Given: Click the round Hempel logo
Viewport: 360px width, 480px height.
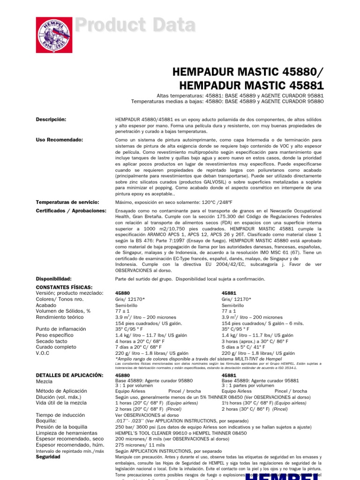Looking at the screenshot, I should pyautogui.click(x=54, y=35).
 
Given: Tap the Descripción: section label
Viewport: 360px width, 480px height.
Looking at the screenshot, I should pyautogui.click(x=51, y=120).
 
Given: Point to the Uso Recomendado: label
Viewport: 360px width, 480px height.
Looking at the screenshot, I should pyautogui.click(x=60, y=140).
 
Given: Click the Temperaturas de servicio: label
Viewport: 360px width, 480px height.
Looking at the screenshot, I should pyautogui.click(x=68, y=202).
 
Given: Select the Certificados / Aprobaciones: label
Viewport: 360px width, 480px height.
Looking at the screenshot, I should pyautogui.click(x=71, y=210).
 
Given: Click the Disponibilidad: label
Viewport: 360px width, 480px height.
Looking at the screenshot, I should pyautogui.click(x=53, y=278).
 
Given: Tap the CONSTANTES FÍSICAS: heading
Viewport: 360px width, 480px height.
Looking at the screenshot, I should pyautogui.click(x=64, y=287).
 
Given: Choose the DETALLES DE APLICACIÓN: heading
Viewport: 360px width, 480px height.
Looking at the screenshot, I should pyautogui.click(x=69, y=375).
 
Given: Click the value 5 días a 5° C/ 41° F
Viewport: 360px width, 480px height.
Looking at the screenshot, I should pyautogui.click(x=247, y=347).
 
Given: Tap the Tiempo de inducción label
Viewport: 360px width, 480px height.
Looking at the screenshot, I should pyautogui.click(x=60, y=415).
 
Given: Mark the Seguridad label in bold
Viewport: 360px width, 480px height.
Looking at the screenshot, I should pyautogui.click(x=48, y=457).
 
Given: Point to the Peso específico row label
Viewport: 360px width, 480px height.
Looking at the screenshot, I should pyautogui.click(x=55, y=335).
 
